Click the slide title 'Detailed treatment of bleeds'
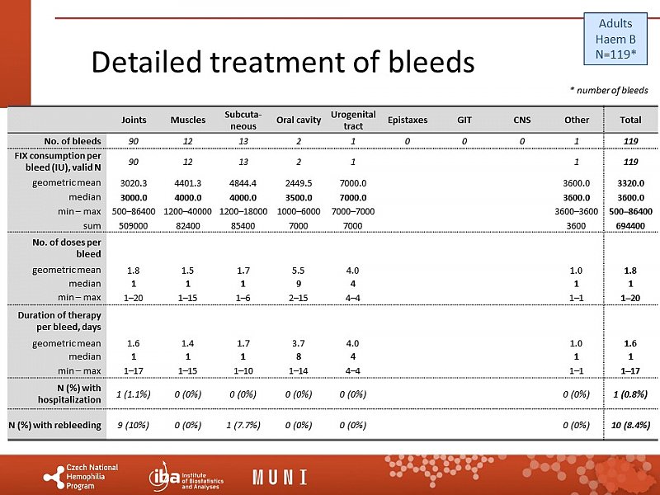[282, 63]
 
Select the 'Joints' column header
[134, 120]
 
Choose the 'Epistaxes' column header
[408, 120]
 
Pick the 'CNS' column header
[521, 120]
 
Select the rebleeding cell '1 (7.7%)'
[243, 426]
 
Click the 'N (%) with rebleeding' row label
[54, 426]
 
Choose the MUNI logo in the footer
[280, 477]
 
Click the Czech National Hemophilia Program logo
[81, 476]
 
